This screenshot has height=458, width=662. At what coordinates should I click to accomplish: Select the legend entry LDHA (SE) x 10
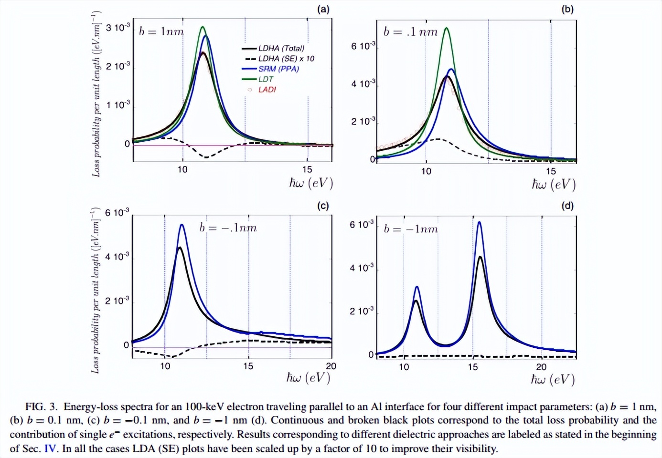click(286, 59)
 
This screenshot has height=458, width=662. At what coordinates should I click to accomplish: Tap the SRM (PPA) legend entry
click(278, 69)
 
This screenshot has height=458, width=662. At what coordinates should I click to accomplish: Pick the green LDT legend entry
click(266, 79)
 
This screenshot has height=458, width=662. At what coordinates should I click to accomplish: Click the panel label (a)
click(323, 9)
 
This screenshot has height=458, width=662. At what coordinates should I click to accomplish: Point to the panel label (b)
click(567, 9)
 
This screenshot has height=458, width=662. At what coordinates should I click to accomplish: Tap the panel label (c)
click(323, 206)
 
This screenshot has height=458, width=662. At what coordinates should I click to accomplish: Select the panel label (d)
click(567, 206)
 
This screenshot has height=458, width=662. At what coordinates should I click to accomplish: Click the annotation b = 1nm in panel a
click(161, 31)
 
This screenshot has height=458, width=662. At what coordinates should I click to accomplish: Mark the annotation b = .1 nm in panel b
click(410, 32)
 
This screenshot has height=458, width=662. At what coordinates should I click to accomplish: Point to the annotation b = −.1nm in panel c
click(228, 228)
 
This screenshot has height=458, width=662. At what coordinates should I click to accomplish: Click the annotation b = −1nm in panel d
click(411, 229)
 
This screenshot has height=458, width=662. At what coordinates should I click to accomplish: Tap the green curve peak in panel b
click(447, 28)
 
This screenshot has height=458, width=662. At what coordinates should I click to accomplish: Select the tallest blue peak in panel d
click(479, 222)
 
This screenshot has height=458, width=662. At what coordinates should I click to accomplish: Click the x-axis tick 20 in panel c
click(331, 366)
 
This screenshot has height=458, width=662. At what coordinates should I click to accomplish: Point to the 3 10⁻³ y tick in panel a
click(117, 28)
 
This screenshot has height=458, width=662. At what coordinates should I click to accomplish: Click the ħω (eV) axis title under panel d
click(553, 379)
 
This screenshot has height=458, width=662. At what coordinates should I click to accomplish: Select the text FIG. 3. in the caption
click(42, 407)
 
